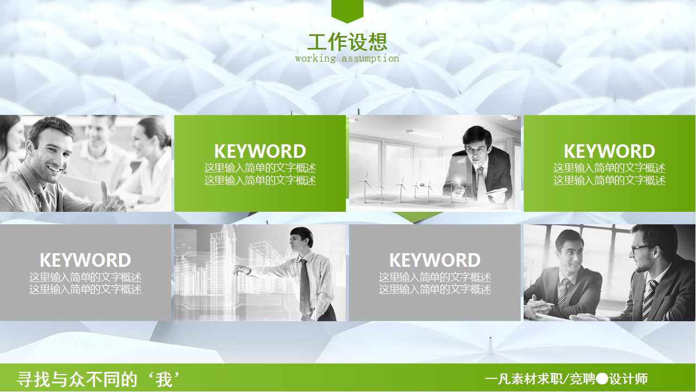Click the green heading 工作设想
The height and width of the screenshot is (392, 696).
(347, 42)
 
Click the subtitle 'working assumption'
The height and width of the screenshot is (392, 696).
(347, 58)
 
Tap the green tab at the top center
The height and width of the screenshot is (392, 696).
(347, 10)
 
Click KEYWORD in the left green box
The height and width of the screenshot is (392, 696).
(260, 151)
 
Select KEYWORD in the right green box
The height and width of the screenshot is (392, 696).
(609, 151)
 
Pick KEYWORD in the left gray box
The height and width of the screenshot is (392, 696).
(85, 260)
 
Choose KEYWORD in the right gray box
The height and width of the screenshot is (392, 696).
(435, 260)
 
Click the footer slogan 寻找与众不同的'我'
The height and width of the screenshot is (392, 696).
(98, 379)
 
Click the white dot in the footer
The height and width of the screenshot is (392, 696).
(602, 378)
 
